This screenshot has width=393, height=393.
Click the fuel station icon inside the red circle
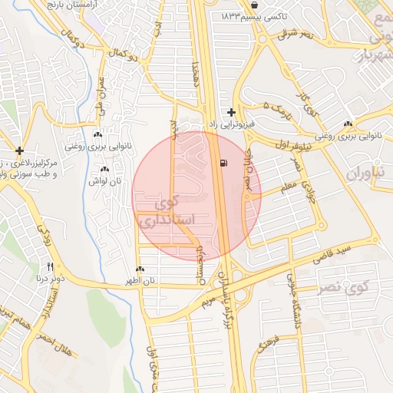pos(223,163)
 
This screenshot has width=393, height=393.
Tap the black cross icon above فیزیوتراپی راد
pos(231,112)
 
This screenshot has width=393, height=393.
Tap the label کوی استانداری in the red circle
pos(167,213)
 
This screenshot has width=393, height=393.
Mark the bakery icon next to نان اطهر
pos(140,269)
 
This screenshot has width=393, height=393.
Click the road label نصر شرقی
pos(296,34)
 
